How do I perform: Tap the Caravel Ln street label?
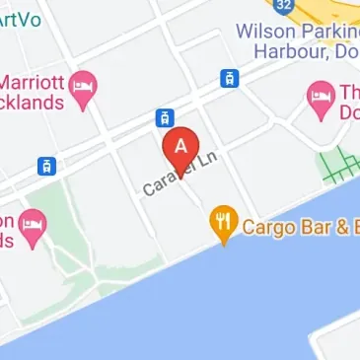[179, 172]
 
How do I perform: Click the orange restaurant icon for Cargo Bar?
[226, 223]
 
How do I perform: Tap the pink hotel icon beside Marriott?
[85, 83]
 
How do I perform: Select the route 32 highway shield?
[285, 6]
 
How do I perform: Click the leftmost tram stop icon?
[46, 166]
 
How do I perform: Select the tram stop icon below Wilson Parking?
[228, 78]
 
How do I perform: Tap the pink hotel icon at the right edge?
[321, 96]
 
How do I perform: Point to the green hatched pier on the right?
[339, 163]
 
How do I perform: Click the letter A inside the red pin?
[180, 145]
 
